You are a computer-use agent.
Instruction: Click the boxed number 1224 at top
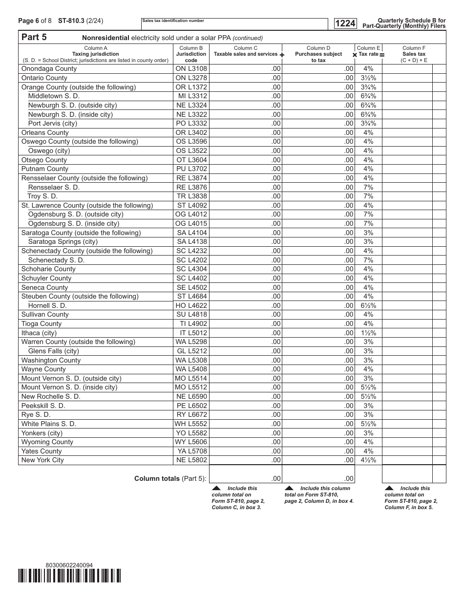[x=345, y=23]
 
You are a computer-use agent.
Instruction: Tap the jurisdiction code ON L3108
[x=191, y=69]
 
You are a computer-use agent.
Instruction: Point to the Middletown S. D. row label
[x=54, y=96]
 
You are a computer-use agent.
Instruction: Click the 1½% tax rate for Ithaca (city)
[x=368, y=333]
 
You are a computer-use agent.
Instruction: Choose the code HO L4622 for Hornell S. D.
[x=191, y=305]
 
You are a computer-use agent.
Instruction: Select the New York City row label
[x=42, y=460]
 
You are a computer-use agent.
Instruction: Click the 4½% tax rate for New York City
[x=368, y=460]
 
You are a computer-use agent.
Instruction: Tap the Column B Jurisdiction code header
[x=191, y=54]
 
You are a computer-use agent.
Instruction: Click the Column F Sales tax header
[x=413, y=54]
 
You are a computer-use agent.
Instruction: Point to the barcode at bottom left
[x=69, y=576]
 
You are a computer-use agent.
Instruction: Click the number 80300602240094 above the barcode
[x=68, y=565]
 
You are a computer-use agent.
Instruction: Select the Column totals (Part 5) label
[x=170, y=479]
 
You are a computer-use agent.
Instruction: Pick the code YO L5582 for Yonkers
[x=191, y=433]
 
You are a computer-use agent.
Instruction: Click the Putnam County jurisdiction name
[x=45, y=169]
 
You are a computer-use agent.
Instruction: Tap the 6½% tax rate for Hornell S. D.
[x=368, y=305]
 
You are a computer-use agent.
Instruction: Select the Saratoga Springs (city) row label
[x=63, y=242]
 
